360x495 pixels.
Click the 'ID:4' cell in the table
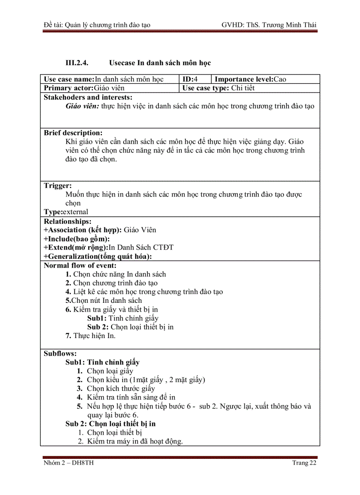pyautogui.click(x=190, y=79)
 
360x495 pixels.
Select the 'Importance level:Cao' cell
pyautogui.click(x=250, y=79)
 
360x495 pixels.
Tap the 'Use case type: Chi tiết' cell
pyautogui.click(x=218, y=88)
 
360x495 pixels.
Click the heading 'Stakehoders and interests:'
pyautogui.click(x=88, y=97)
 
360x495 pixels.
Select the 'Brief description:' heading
pyautogui.click(x=73, y=133)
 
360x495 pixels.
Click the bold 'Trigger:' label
pyautogui.click(x=58, y=186)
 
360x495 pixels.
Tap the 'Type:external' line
pyautogui.click(x=66, y=212)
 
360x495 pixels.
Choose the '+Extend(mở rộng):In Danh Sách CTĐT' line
pyautogui.click(x=109, y=247)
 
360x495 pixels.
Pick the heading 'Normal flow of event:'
pyautogui.click(x=80, y=265)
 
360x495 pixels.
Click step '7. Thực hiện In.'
pyautogui.click(x=90, y=336)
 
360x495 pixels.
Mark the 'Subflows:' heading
pyautogui.click(x=60, y=354)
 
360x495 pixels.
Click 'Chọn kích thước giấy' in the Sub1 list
pyautogui.click(x=120, y=388)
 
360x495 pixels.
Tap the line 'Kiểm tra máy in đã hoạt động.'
pyautogui.click(x=135, y=441)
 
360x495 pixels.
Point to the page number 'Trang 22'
pyautogui.click(x=304, y=463)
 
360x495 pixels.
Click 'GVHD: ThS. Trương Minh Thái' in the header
pyautogui.click(x=269, y=25)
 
